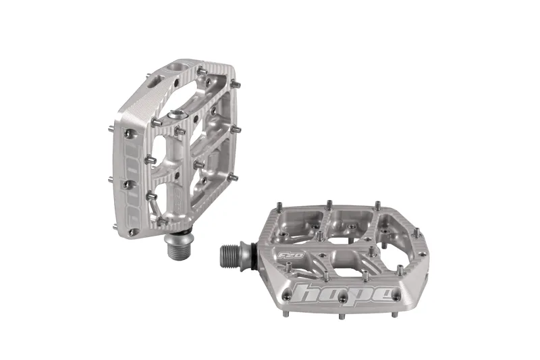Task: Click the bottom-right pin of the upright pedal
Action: point(233,178)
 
